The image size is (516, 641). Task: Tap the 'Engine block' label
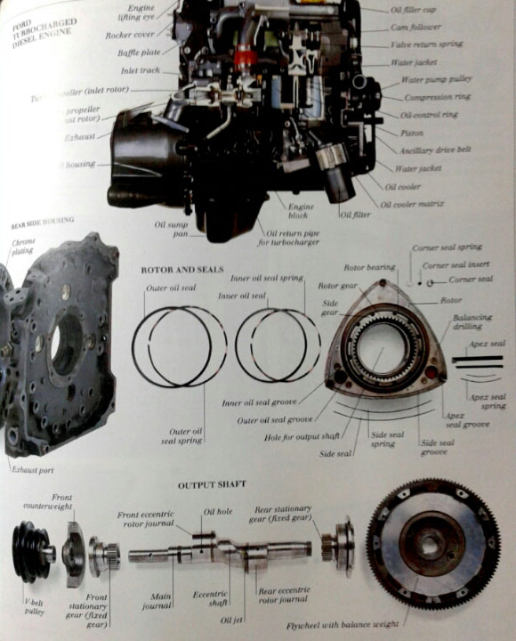300,212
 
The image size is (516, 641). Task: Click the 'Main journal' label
157,601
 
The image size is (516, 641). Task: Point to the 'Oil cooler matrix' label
412,204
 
